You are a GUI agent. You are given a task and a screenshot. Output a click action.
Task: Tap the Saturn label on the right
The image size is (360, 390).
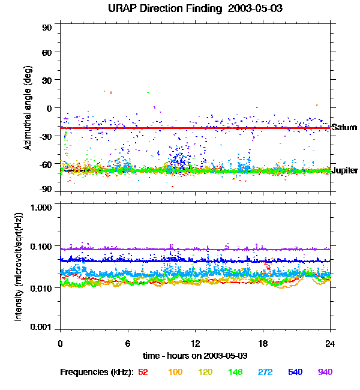344,128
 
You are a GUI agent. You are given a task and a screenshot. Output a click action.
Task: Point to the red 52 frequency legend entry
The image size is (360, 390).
143,373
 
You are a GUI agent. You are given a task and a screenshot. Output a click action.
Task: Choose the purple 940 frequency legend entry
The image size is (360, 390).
325,373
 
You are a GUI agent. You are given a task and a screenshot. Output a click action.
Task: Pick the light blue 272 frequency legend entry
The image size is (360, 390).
265,373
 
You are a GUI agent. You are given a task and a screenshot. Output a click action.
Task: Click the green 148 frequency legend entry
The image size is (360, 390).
235,373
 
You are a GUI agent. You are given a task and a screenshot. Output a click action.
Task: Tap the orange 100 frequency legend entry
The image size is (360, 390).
175,373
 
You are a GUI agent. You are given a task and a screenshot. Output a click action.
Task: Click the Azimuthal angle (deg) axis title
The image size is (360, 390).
27,109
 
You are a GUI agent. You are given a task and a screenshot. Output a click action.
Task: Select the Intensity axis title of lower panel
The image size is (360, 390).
20,266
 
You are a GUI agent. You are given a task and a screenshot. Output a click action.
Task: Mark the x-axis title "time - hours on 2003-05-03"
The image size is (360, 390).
196,356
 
